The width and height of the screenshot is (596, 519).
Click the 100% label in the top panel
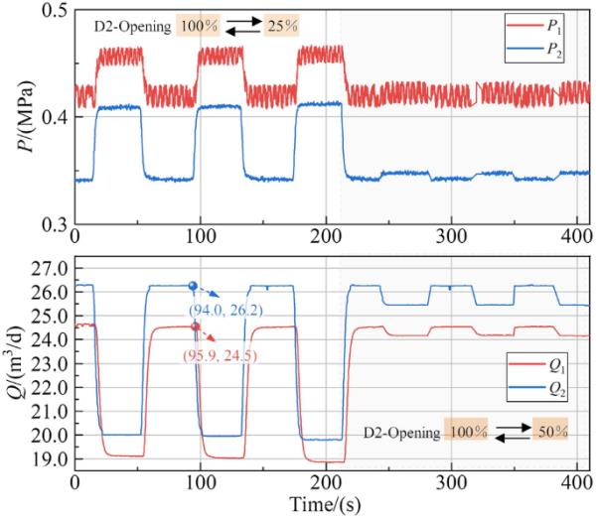[x=197, y=24]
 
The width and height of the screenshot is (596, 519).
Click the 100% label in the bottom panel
[x=466, y=433]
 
